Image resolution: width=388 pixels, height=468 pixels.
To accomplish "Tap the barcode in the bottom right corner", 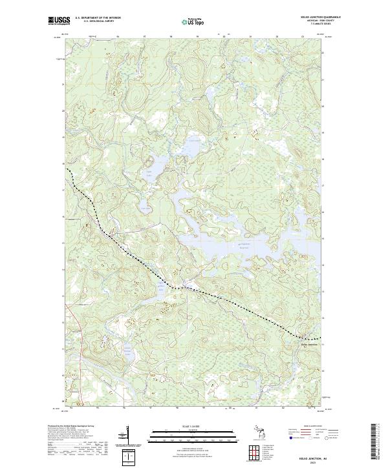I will [x=378, y=442].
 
